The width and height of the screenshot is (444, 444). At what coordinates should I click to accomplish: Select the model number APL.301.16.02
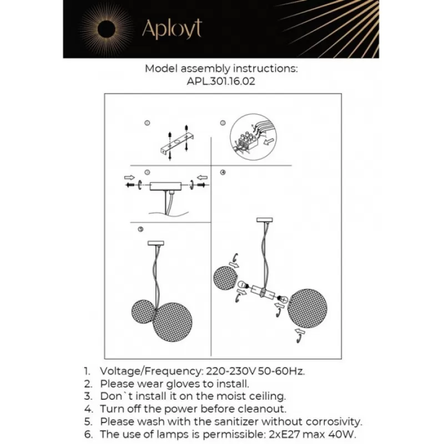[x=221, y=81]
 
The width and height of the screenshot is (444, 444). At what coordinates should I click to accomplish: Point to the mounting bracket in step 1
[x=176, y=143]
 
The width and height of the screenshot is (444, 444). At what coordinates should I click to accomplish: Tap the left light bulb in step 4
[x=242, y=286]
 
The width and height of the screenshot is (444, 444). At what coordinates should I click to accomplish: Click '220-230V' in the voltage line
[x=230, y=371]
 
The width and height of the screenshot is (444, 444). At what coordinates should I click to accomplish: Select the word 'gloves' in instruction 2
[x=167, y=384]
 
